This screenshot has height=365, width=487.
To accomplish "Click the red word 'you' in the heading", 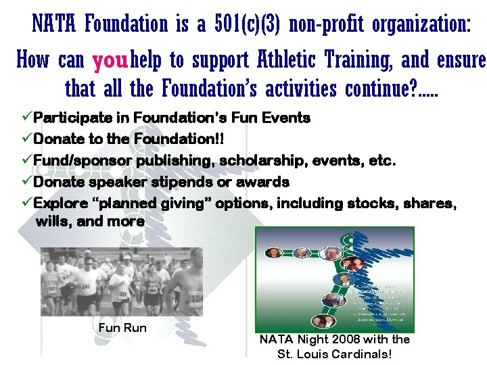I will click(110, 62).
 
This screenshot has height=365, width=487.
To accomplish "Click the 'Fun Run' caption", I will click(122, 328).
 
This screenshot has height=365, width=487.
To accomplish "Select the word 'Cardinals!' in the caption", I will click(362, 354).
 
